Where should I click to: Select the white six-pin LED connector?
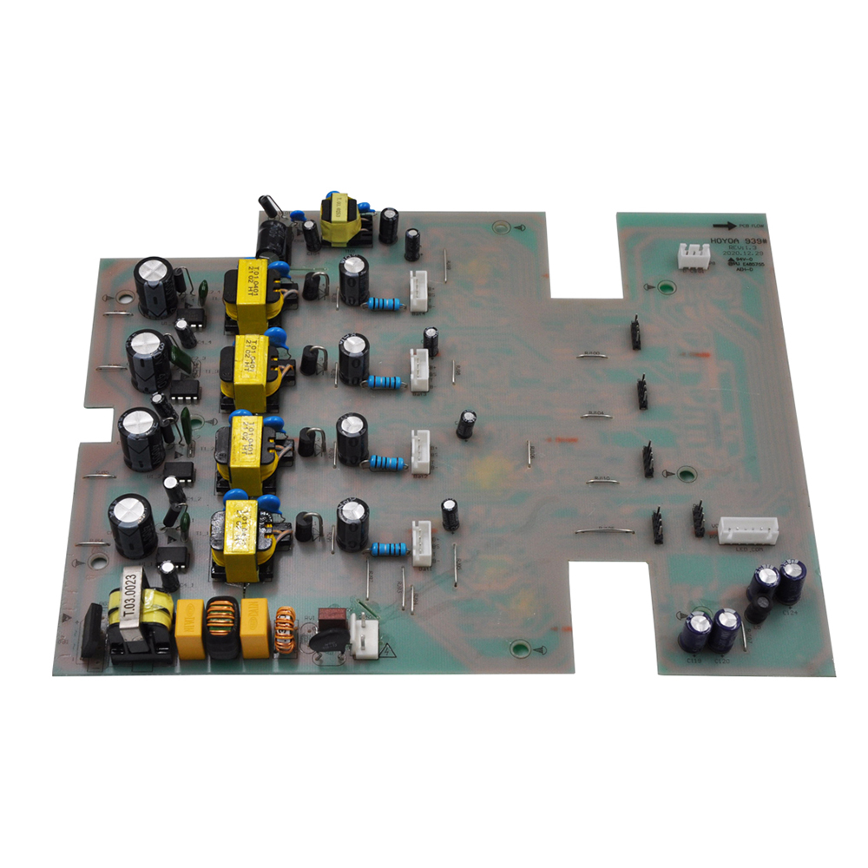pyautogui.click(x=747, y=530)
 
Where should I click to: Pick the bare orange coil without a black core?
pyautogui.click(x=284, y=630)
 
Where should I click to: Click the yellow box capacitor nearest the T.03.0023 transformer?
pyautogui.click(x=189, y=628)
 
